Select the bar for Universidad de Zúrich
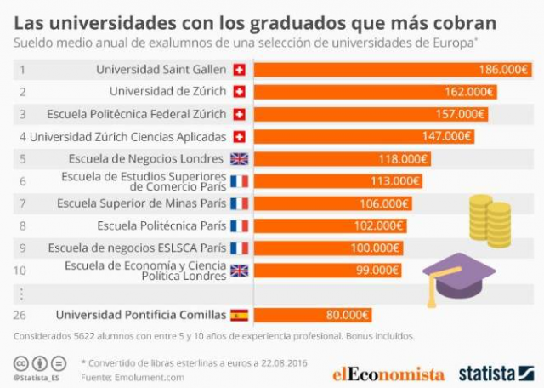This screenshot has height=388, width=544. [374, 92]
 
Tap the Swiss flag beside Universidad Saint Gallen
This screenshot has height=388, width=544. [239, 70]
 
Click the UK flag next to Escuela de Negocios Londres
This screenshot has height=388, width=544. [239, 158]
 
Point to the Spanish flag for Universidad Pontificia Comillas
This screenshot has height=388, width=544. [239, 315]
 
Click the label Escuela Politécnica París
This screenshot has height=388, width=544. [161, 225]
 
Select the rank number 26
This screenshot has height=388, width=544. [23, 315]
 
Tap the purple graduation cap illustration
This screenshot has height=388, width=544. [458, 277]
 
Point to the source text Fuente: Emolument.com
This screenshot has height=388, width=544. [133, 376]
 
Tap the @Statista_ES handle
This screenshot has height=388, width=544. [37, 377]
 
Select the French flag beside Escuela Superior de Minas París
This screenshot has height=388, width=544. [239, 203]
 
